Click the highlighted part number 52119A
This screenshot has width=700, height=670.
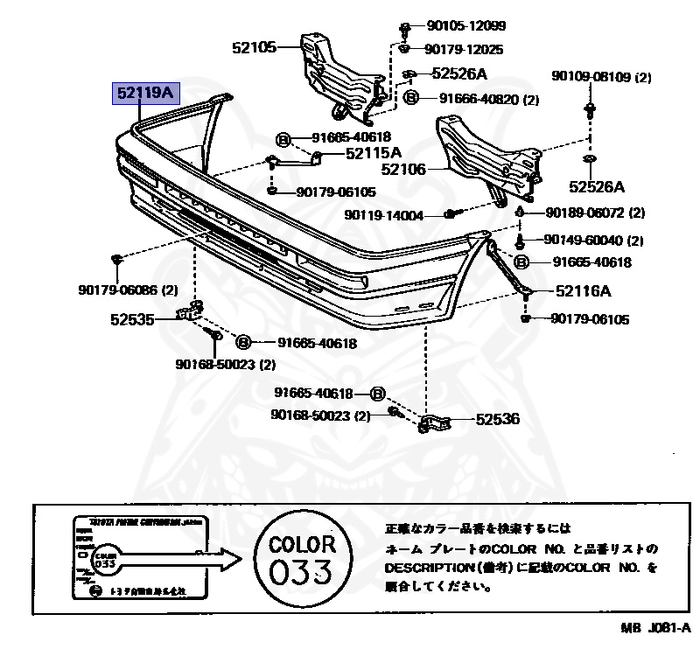tap(143, 93)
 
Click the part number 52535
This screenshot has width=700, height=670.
tap(134, 320)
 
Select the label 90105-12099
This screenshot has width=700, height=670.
tap(465, 26)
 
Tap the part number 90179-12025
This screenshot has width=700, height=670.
tap(465, 50)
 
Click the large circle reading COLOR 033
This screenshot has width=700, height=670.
tap(299, 562)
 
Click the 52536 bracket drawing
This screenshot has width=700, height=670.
tap(434, 423)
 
